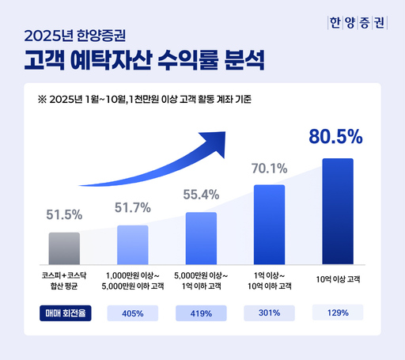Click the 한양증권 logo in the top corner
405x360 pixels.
[x=357, y=22]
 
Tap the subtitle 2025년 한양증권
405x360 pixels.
[x=80, y=35]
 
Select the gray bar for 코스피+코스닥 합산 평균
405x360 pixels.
[x=64, y=248]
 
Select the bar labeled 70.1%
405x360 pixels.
[x=269, y=224]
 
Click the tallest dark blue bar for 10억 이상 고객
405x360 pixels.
[x=337, y=210]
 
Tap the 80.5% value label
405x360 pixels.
[x=335, y=136]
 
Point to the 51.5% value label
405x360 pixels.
[x=64, y=214]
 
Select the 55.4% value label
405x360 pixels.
[x=200, y=194]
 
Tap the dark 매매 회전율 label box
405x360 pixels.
[x=64, y=313]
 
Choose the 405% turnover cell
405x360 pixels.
[x=132, y=313]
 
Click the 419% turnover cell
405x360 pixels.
[x=200, y=313]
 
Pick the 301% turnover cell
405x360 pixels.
[x=269, y=313]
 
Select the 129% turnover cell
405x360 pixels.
[x=337, y=313]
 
